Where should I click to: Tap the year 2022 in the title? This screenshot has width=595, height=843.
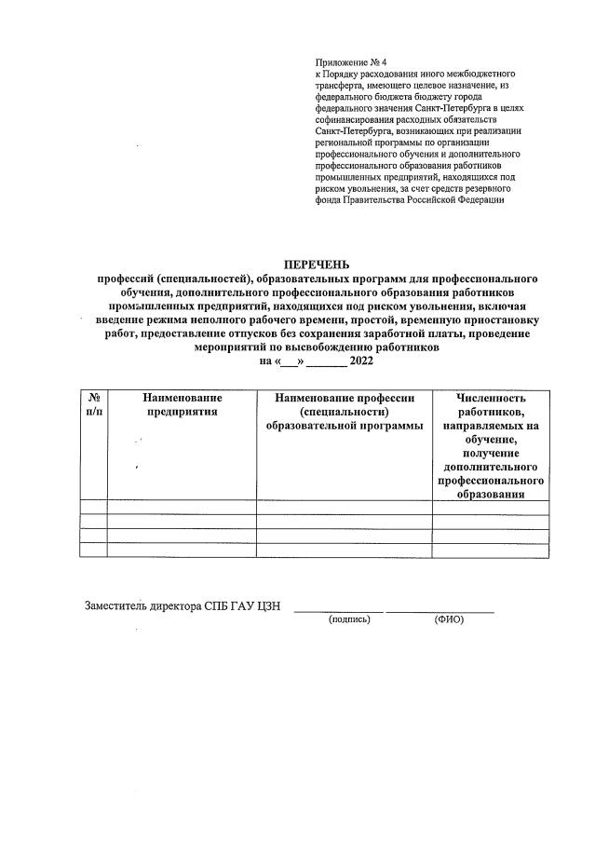(x=361, y=360)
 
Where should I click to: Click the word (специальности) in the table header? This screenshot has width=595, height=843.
(x=344, y=412)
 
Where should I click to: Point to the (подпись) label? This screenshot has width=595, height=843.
(x=350, y=619)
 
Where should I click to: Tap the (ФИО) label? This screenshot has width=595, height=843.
(x=448, y=619)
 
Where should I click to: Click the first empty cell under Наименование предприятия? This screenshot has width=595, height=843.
(x=182, y=508)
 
